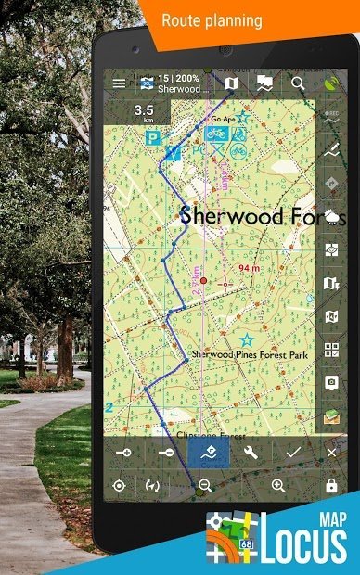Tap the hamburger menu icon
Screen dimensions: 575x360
point(118,83)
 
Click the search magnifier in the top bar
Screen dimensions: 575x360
point(298,83)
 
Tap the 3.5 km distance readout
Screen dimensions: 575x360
point(143,112)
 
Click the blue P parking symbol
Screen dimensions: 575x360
point(150,135)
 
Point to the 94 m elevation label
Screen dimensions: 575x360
point(249,268)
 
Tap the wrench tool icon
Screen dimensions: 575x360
point(250,453)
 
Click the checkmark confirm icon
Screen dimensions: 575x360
point(293,453)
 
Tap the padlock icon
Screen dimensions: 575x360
point(331,485)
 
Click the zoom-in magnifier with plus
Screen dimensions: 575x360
point(277,485)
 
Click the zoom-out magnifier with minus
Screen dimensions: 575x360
point(205,485)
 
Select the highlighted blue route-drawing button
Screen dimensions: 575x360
point(208,453)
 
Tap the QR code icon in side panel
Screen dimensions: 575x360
point(331,350)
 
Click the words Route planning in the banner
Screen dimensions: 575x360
point(212,19)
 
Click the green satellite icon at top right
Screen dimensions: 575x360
point(331,83)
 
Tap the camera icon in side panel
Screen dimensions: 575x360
point(331,382)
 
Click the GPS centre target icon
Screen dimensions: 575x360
point(119,485)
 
